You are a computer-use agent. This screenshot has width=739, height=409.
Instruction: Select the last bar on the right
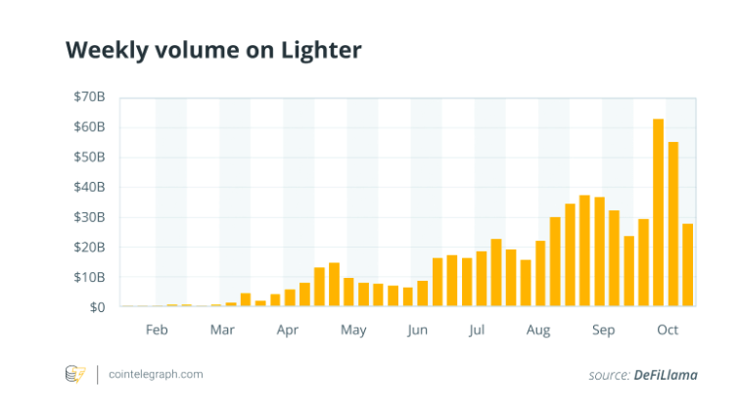tap(687, 264)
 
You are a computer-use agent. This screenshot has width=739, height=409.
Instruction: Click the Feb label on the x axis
tap(157, 330)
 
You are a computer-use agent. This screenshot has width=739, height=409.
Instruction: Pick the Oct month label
tap(668, 330)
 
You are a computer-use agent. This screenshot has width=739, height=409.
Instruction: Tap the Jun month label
tap(417, 330)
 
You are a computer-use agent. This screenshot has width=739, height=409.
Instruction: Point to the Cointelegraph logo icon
tap(75, 374)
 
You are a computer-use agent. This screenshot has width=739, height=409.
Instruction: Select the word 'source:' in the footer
tap(610, 375)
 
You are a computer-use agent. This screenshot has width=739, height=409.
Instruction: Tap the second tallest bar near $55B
tap(672, 224)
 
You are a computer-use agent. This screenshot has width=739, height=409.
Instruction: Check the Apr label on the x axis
tap(287, 330)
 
